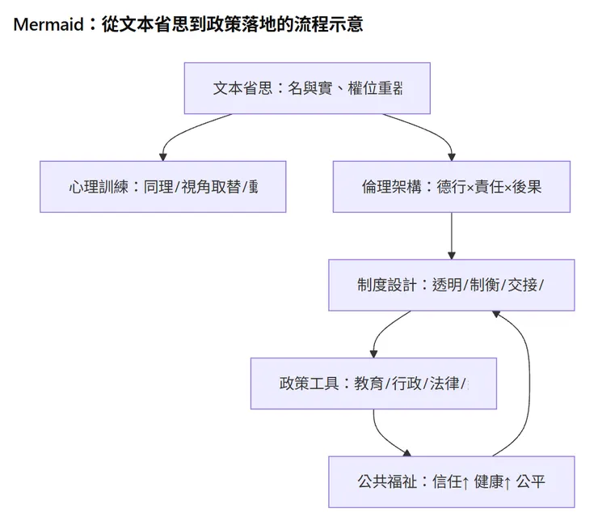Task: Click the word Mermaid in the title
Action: [48, 24]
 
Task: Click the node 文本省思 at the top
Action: [307, 88]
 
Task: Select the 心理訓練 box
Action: [162, 187]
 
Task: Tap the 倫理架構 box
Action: [451, 187]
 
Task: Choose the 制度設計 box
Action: [451, 285]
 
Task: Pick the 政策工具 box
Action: [373, 384]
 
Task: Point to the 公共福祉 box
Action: [451, 481]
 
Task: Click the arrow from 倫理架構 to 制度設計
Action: [451, 235]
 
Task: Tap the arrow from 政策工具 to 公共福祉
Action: [384, 437]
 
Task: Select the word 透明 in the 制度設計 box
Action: [445, 285]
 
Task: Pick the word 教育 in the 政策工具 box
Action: [368, 384]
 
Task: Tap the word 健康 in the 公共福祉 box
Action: [490, 481]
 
